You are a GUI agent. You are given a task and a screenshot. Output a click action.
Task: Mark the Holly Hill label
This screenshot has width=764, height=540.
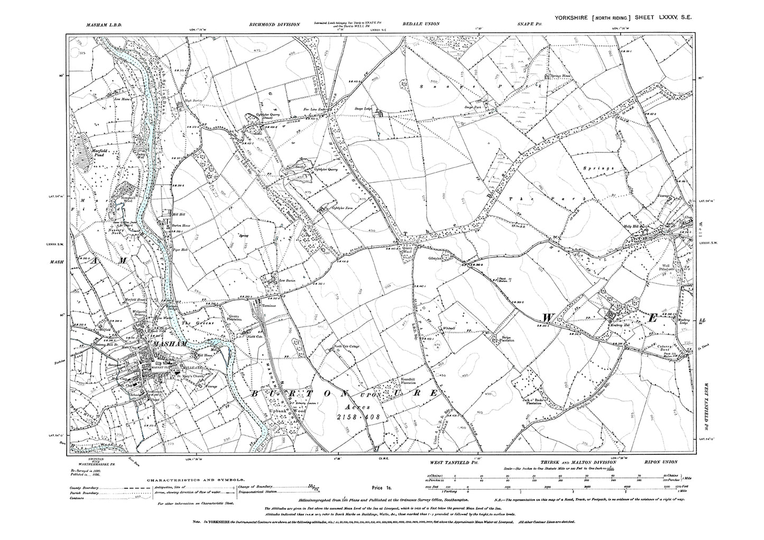640,226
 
